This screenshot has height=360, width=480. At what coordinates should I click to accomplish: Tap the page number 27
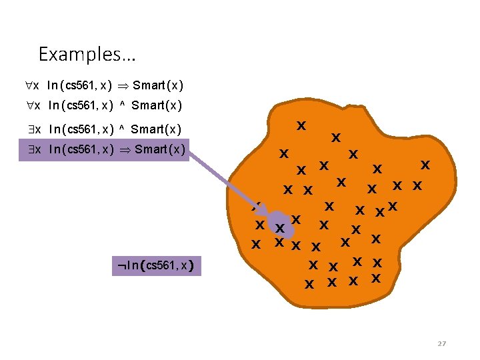[x=441, y=343]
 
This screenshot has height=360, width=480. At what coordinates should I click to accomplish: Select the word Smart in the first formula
[x=150, y=85]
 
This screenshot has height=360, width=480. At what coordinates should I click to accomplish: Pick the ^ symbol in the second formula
[x=123, y=105]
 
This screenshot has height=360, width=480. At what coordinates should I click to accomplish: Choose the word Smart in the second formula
[x=149, y=105]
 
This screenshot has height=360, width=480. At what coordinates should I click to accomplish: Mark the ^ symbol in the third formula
[x=123, y=129]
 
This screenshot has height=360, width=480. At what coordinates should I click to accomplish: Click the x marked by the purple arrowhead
[x=280, y=228]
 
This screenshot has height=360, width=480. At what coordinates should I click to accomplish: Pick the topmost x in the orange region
[x=301, y=125]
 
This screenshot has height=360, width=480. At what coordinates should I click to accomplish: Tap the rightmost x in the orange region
[x=424, y=164]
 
